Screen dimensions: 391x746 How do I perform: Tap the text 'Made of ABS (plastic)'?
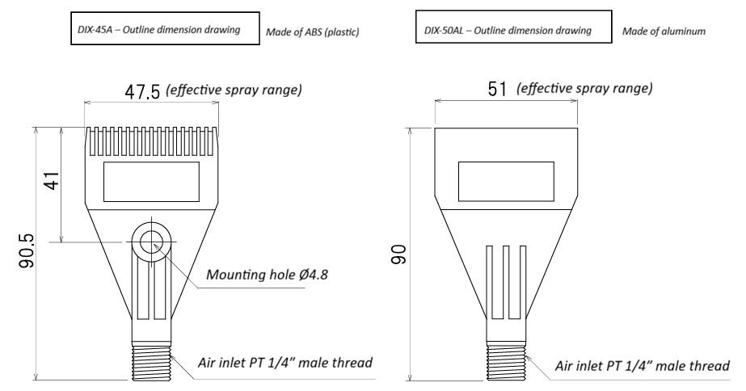point(312,32)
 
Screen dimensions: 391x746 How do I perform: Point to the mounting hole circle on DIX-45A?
point(151,241)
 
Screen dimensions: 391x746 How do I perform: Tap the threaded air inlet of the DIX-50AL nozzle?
point(505,359)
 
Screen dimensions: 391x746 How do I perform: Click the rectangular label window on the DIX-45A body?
point(151,182)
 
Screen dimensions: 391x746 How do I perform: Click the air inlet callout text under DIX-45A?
point(285,363)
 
